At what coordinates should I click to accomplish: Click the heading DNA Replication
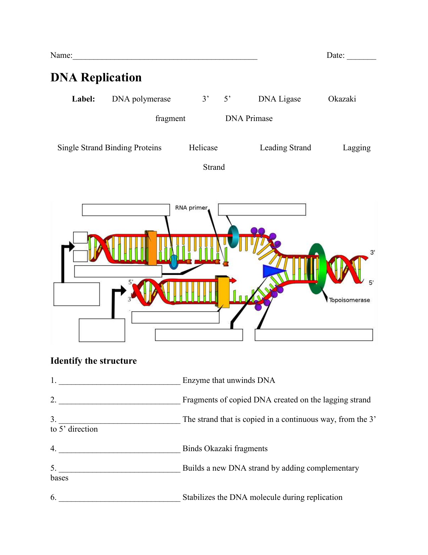point(96,78)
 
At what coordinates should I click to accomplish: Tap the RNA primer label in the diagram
point(191,208)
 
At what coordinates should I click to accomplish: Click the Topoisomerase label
point(349,300)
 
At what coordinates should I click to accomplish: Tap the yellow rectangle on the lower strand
point(223,292)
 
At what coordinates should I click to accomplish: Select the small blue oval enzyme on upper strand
point(174,262)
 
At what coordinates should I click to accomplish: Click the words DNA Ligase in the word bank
point(279,99)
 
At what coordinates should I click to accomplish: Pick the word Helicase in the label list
point(203,148)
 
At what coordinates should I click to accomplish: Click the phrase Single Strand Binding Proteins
point(109,148)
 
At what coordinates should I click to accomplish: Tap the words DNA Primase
point(249,119)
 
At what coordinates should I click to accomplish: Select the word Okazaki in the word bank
point(342,99)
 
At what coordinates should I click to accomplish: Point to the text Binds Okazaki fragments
point(225,449)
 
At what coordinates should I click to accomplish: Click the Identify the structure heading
point(93,361)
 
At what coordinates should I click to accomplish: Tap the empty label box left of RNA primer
point(126,210)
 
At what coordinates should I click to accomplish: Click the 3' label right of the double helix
point(372,252)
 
